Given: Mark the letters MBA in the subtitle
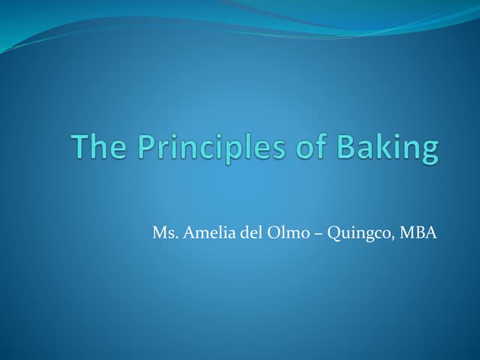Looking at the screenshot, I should pos(418,232).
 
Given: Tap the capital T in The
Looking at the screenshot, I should pos(79,146).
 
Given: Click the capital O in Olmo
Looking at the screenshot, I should pos(274,232).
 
